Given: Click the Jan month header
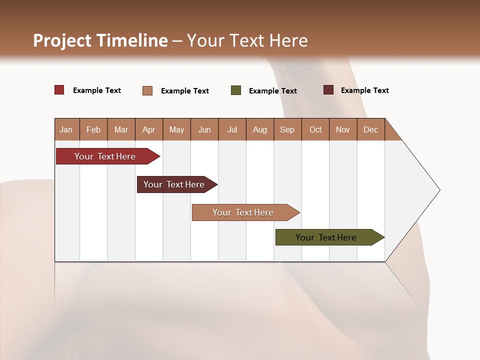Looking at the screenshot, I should [66, 129].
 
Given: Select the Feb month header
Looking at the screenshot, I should [93, 129].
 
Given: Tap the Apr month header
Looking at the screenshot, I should [148, 129].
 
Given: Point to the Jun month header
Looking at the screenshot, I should [204, 129].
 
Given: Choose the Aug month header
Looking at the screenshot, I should [259, 129].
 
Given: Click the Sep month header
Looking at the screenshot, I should [287, 129].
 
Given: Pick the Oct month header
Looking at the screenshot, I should [315, 129].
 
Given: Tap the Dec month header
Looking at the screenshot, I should [370, 129].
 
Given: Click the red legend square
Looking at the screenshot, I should [59, 90].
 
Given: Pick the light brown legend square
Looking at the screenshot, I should [147, 90].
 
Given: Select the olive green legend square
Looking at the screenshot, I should [236, 90].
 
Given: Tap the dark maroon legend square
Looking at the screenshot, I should [328, 90].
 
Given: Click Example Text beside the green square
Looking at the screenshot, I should [272, 91].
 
